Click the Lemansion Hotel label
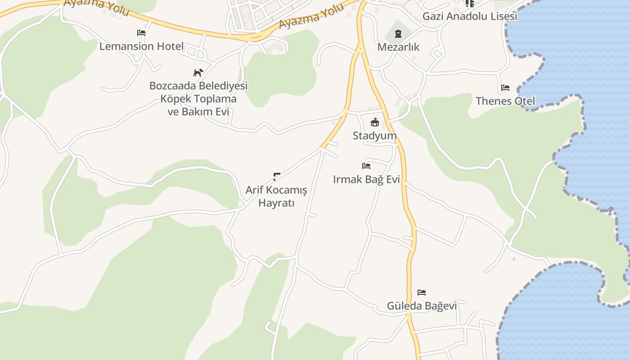click(x=141, y=46)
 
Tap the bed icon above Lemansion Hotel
click(x=141, y=33)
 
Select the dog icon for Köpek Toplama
click(x=198, y=72)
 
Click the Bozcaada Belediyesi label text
click(x=198, y=85)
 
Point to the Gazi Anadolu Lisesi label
click(x=470, y=16)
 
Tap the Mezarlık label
click(x=398, y=47)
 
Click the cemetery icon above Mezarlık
click(x=398, y=33)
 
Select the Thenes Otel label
click(x=505, y=101)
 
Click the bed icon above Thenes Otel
click(x=505, y=87)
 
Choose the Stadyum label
click(x=374, y=135)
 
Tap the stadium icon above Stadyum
click(x=374, y=122)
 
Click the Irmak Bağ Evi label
click(x=366, y=179)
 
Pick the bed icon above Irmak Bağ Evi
click(x=366, y=166)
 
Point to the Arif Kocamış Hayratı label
click(x=276, y=196)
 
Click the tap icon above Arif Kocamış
click(x=277, y=176)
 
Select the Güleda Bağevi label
click(x=422, y=306)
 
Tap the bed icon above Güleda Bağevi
click(x=422, y=292)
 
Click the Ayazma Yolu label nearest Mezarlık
click(x=311, y=16)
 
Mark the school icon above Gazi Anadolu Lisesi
click(x=470, y=3)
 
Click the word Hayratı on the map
click(x=276, y=203)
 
